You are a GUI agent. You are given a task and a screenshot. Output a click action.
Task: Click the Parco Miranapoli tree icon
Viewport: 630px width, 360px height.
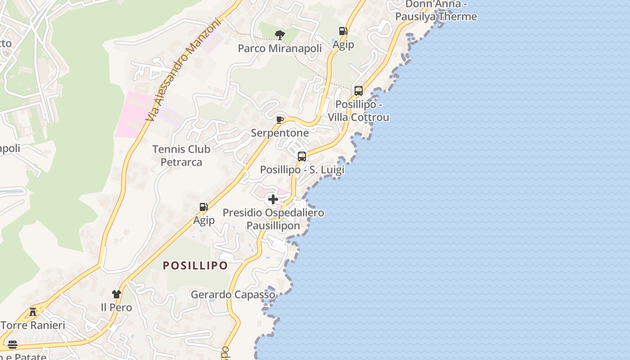(280, 35)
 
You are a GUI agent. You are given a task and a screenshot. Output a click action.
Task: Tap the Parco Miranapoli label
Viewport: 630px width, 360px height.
(280, 48)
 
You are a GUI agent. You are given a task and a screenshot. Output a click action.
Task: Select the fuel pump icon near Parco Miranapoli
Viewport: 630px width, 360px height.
(343, 31)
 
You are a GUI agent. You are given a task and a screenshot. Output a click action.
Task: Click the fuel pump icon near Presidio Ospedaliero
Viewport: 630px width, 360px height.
(203, 207)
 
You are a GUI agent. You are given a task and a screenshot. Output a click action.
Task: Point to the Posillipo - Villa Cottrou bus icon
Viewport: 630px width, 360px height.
(359, 90)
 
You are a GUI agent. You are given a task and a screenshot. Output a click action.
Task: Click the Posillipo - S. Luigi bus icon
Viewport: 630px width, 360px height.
(301, 157)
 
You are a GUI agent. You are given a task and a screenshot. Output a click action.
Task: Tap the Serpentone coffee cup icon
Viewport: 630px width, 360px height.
(279, 119)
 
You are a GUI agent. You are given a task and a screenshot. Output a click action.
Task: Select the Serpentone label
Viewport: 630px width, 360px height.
(280, 133)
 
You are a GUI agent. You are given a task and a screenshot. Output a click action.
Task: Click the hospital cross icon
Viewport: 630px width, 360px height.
(273, 199)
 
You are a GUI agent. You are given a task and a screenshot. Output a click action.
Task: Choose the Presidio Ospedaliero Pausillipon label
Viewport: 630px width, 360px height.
(274, 219)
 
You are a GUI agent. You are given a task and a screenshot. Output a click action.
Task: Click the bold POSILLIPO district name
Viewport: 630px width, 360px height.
(195, 265)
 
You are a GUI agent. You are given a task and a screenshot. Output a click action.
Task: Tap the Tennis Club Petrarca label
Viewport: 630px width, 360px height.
(181, 155)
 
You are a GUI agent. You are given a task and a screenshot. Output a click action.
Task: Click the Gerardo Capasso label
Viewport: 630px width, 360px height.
(233, 295)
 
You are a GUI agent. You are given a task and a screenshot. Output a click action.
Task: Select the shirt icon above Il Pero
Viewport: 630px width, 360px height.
(117, 294)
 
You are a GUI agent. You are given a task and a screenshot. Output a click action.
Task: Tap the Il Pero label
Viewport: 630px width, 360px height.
(117, 308)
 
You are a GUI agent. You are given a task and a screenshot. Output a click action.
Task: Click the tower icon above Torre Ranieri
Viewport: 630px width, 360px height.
(33, 311)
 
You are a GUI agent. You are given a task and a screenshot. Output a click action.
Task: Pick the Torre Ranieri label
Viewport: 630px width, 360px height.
(33, 325)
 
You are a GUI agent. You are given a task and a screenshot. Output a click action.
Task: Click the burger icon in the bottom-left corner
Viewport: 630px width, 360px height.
(13, 345)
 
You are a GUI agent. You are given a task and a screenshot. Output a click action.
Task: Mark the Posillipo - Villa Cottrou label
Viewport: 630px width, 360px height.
(359, 111)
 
